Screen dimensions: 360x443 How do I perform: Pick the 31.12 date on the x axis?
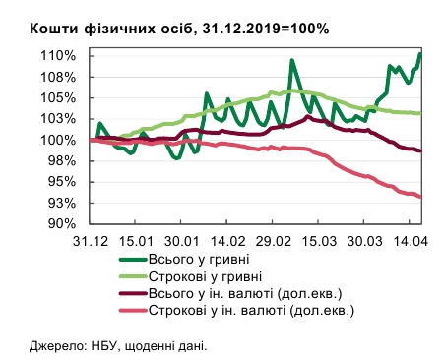90,241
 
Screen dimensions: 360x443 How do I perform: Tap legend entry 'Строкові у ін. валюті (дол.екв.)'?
259,311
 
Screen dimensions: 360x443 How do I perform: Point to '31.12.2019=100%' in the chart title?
269,28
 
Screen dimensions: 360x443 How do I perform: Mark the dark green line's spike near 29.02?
292,61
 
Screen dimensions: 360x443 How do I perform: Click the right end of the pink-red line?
420,197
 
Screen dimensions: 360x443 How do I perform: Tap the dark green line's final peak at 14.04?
420,55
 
